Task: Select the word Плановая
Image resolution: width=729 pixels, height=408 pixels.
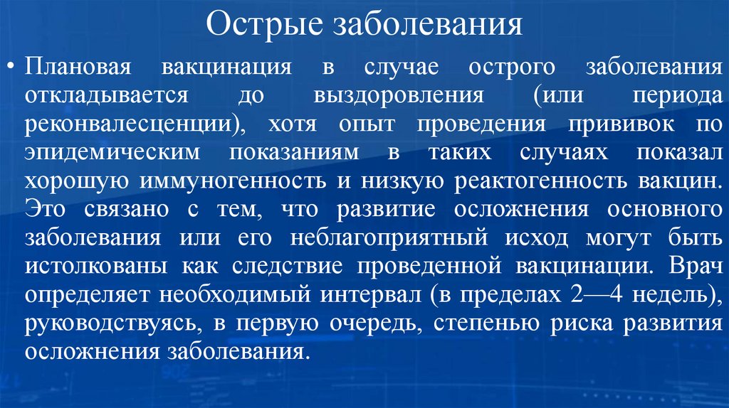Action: (78, 68)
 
